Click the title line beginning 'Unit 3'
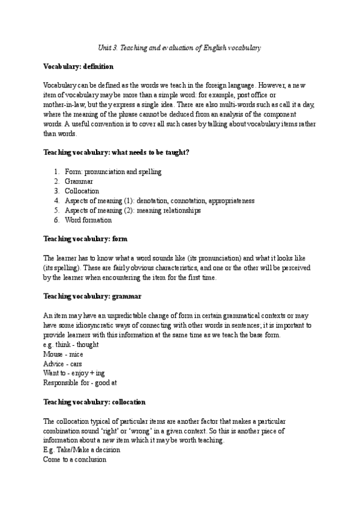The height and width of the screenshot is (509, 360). pyautogui.click(x=179, y=47)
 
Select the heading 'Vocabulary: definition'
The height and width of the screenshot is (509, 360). pyautogui.click(x=79, y=66)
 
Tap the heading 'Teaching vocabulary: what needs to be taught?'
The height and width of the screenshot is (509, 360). pyautogui.click(x=116, y=152)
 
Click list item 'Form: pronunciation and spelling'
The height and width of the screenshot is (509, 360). pyautogui.click(x=113, y=172)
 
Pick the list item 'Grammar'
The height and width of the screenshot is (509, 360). pyautogui.click(x=80, y=181)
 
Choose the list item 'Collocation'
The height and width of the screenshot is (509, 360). pyautogui.click(x=82, y=191)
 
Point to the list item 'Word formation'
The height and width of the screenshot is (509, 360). pyautogui.click(x=88, y=220)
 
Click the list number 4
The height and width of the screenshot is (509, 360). pyautogui.click(x=56, y=200)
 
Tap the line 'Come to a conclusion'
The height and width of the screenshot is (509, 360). pyautogui.click(x=75, y=459)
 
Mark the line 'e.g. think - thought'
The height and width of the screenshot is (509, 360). pyautogui.click(x=71, y=345)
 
